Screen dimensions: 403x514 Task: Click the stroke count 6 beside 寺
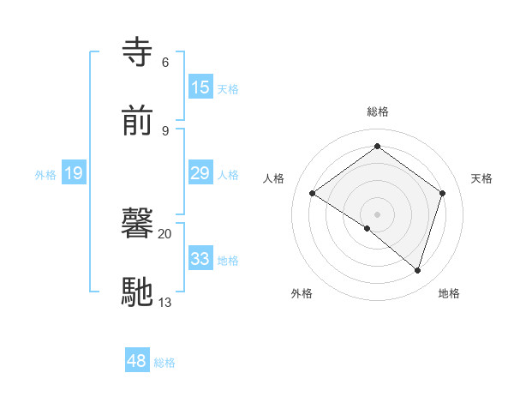point(164,63)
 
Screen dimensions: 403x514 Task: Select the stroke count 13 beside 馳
point(164,302)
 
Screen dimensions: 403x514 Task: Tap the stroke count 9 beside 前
point(164,130)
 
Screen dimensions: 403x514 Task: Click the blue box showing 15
point(200,87)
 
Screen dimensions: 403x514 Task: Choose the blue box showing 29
point(200,173)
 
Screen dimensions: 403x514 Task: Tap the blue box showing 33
point(200,259)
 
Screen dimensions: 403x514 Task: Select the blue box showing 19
point(74,174)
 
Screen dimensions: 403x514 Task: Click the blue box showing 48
point(137,361)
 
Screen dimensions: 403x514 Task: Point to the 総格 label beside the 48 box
point(164,363)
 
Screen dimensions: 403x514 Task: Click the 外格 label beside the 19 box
point(45,175)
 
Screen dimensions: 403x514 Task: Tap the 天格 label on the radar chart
point(481,178)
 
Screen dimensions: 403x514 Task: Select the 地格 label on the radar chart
point(449,293)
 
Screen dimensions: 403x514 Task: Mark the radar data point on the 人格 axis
point(313,194)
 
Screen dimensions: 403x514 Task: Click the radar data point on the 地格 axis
point(417,270)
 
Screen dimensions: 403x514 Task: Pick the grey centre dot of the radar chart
point(377,213)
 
